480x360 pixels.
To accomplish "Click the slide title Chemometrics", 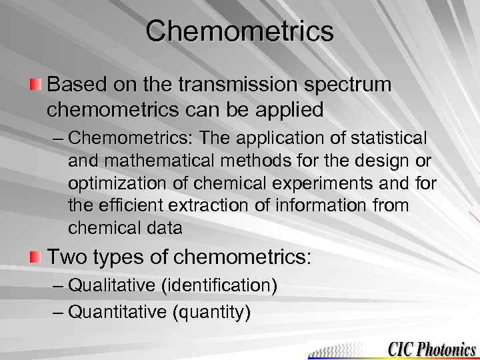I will [240, 31].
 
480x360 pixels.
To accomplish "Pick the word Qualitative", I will [113, 287].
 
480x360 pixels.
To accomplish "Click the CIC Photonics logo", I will [431, 347].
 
